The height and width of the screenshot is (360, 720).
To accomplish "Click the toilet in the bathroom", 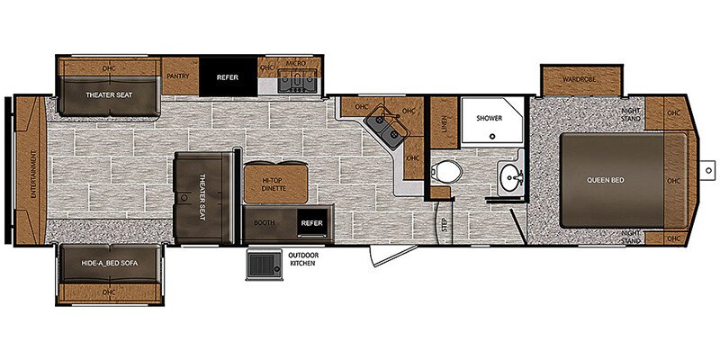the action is tap(445, 171).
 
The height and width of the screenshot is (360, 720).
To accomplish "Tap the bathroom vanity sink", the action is tap(510, 175).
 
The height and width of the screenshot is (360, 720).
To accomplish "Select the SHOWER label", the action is tap(489, 118).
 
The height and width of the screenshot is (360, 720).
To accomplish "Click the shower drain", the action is tap(492, 136).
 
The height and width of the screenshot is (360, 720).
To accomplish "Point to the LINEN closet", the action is tap(444, 122).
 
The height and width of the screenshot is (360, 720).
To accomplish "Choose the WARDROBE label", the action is tap(579, 79).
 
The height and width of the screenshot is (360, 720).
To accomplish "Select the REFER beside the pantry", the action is tap(228, 76).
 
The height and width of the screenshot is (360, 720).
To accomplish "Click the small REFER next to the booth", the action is tap(312, 222).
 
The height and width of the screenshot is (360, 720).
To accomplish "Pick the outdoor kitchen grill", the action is tap(264, 265).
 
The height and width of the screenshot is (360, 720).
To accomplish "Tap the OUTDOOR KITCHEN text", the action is tap(303, 259).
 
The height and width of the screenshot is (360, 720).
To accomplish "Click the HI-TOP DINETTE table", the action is tap(275, 184).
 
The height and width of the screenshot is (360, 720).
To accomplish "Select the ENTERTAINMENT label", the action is tap(33, 174).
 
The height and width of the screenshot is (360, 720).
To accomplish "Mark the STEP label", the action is tap(444, 223).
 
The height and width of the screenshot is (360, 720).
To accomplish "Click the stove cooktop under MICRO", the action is tap(297, 81).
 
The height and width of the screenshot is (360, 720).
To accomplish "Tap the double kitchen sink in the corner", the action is tap(387, 130).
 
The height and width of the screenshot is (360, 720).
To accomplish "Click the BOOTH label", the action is tap(265, 222).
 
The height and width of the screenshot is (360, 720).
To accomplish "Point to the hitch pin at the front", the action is tap(708, 170).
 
